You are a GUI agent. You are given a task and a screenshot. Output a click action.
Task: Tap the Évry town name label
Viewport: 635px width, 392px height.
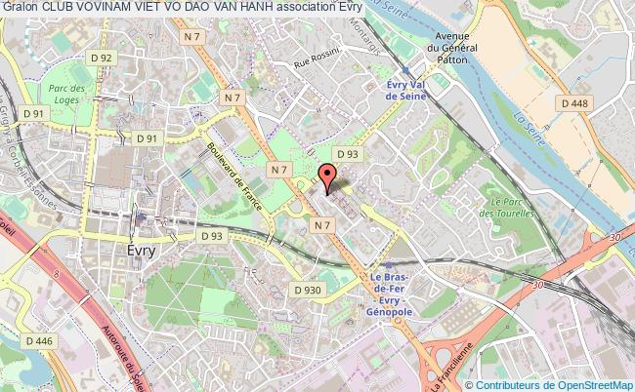(142, 250)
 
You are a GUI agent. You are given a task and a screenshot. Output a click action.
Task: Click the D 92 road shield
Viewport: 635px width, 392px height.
(102, 59)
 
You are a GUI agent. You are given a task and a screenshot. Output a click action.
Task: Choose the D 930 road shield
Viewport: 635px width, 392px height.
(308, 290)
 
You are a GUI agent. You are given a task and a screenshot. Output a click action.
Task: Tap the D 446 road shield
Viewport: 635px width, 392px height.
(39, 340)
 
